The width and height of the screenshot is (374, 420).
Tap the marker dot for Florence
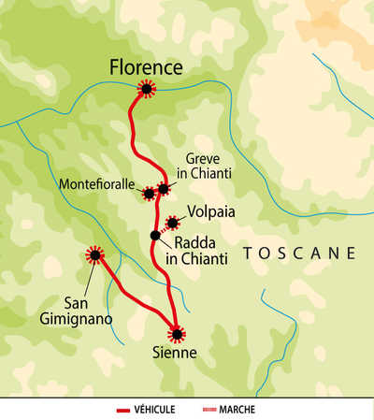pyautogui.click(x=146, y=89)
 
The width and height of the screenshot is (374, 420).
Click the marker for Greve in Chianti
pyautogui.click(x=163, y=188)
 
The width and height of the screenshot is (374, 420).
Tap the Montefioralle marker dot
pyautogui.click(x=149, y=194)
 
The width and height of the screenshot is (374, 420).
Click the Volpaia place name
pyautogui.click(x=210, y=212)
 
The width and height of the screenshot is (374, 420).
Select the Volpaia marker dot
pyautogui.click(x=172, y=223)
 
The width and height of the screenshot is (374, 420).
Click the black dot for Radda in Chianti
pyautogui.click(x=155, y=235)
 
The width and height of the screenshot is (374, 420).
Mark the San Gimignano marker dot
pyautogui.click(x=94, y=254)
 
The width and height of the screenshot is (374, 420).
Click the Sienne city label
pyautogui.click(x=176, y=353)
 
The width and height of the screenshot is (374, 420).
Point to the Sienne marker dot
pyautogui.click(x=176, y=332)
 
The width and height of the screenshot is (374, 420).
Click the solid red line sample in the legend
pyautogui.click(x=122, y=410)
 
